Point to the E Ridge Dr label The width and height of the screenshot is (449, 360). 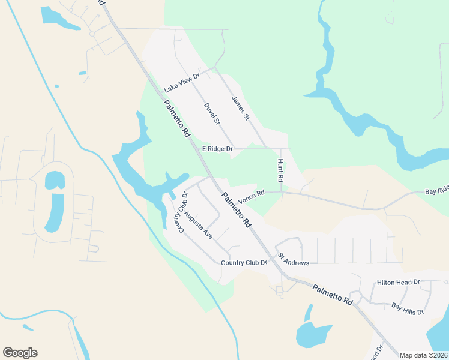tap(217, 148)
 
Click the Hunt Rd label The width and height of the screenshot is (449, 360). tap(280, 171)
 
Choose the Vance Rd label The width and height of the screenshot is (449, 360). tap(251, 197)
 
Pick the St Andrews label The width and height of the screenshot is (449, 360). tap(293, 263)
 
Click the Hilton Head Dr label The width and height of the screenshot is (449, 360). tap(398, 282)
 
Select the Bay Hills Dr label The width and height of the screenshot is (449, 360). tap(408, 308)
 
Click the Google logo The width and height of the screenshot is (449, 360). tap(20, 353)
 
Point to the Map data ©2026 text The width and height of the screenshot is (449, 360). tap(423, 355)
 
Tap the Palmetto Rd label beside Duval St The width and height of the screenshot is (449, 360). tap(177, 118)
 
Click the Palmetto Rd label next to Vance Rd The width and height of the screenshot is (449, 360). tap(236, 209)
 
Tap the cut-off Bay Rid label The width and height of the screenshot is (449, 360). tap(436, 191)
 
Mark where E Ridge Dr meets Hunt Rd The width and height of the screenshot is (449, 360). tap(281, 148)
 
